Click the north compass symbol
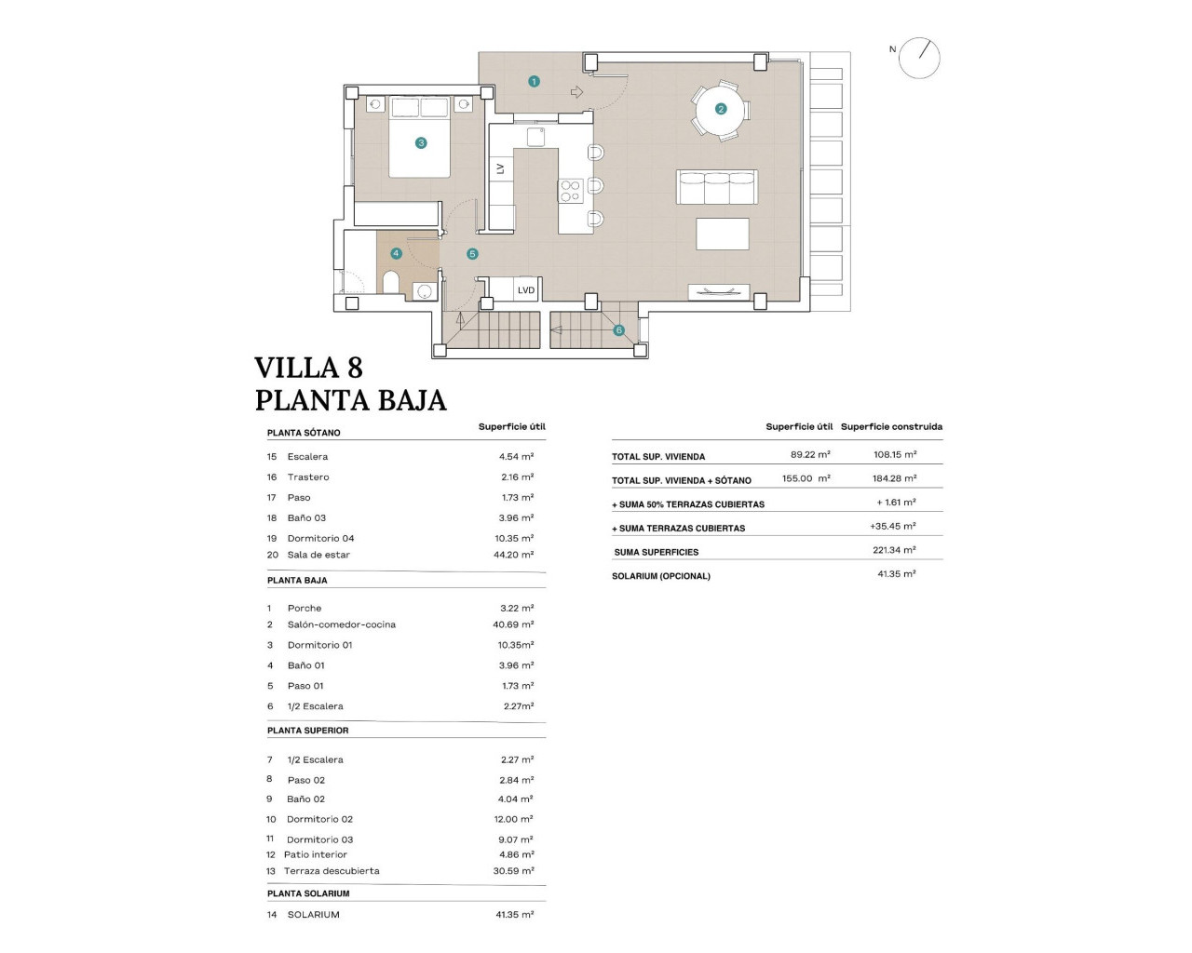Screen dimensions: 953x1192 click(x=919, y=58)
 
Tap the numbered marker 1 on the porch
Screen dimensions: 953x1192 click(x=534, y=82)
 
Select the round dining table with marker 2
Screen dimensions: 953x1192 click(x=720, y=109)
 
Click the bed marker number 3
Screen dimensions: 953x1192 click(x=421, y=143)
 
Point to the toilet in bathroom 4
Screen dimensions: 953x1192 click(x=391, y=282)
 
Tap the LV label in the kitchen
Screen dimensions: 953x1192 click(x=500, y=168)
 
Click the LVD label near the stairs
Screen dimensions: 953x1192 click(x=526, y=290)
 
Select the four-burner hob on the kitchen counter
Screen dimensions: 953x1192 click(x=570, y=191)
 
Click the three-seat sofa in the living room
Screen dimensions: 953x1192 click(x=716, y=187)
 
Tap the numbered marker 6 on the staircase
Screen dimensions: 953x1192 click(x=618, y=330)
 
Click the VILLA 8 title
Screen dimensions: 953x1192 click(x=308, y=367)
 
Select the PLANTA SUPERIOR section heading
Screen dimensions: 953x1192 click(x=307, y=731)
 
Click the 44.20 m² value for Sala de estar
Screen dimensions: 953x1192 click(x=516, y=555)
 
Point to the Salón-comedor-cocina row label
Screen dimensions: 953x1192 click(x=341, y=624)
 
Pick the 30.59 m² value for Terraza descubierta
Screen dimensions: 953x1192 click(x=515, y=871)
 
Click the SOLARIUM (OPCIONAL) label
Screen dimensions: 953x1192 click(x=660, y=576)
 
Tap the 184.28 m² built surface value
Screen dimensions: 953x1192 click(x=893, y=478)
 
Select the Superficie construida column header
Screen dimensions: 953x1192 click(x=891, y=426)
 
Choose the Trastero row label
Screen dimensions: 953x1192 click(x=308, y=477)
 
